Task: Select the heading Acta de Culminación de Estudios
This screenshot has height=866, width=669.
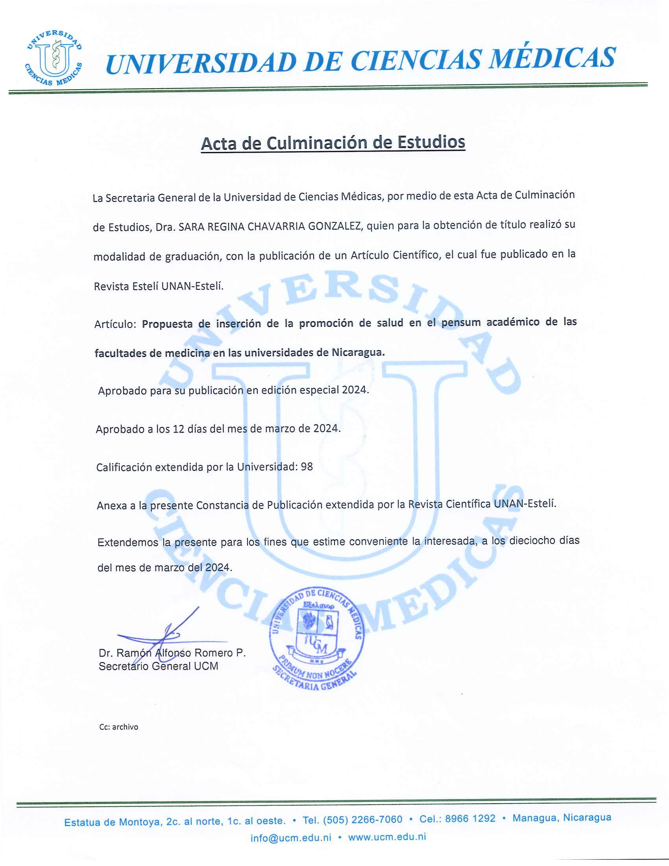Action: (x=333, y=142)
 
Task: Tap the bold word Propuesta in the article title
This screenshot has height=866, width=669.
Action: (x=167, y=324)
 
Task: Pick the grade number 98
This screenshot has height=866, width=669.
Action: (x=307, y=467)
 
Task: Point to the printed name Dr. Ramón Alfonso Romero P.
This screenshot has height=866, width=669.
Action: (x=172, y=653)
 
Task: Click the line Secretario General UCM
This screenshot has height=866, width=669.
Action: (x=159, y=666)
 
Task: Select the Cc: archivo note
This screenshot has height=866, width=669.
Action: (x=118, y=727)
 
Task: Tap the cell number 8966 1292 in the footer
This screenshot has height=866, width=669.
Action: (x=470, y=818)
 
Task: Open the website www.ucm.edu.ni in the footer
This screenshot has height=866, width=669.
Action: (x=387, y=837)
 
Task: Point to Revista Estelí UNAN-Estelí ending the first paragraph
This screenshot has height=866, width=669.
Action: (x=159, y=286)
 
